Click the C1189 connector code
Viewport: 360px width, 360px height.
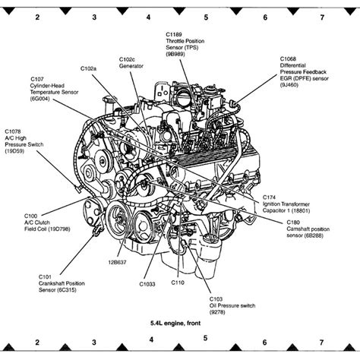tap(174, 34)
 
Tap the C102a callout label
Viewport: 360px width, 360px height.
tap(88, 68)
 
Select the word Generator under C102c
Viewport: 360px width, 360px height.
tap(131, 66)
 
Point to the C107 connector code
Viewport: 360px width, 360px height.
tap(37, 79)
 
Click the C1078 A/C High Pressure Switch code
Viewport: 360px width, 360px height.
tap(13, 131)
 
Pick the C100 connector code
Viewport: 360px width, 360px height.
tap(30, 216)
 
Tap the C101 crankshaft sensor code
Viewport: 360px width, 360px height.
tap(45, 277)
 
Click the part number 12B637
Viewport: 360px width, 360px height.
tap(117, 262)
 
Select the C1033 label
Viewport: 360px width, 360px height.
tap(147, 284)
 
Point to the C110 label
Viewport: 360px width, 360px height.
tap(178, 283)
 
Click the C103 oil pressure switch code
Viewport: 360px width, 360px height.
tap(216, 299)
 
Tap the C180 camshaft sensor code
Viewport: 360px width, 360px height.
tap(293, 223)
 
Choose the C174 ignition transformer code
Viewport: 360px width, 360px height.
tap(269, 197)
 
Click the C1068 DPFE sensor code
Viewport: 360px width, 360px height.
tap(288, 58)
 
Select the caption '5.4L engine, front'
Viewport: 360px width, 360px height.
tap(175, 323)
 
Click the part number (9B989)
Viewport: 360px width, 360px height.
tap(175, 54)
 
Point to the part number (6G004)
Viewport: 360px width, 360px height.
tap(40, 99)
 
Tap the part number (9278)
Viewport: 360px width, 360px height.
tap(217, 312)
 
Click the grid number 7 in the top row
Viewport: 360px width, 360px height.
tap(322, 17)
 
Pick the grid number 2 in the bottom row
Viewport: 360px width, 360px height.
tap(37, 343)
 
